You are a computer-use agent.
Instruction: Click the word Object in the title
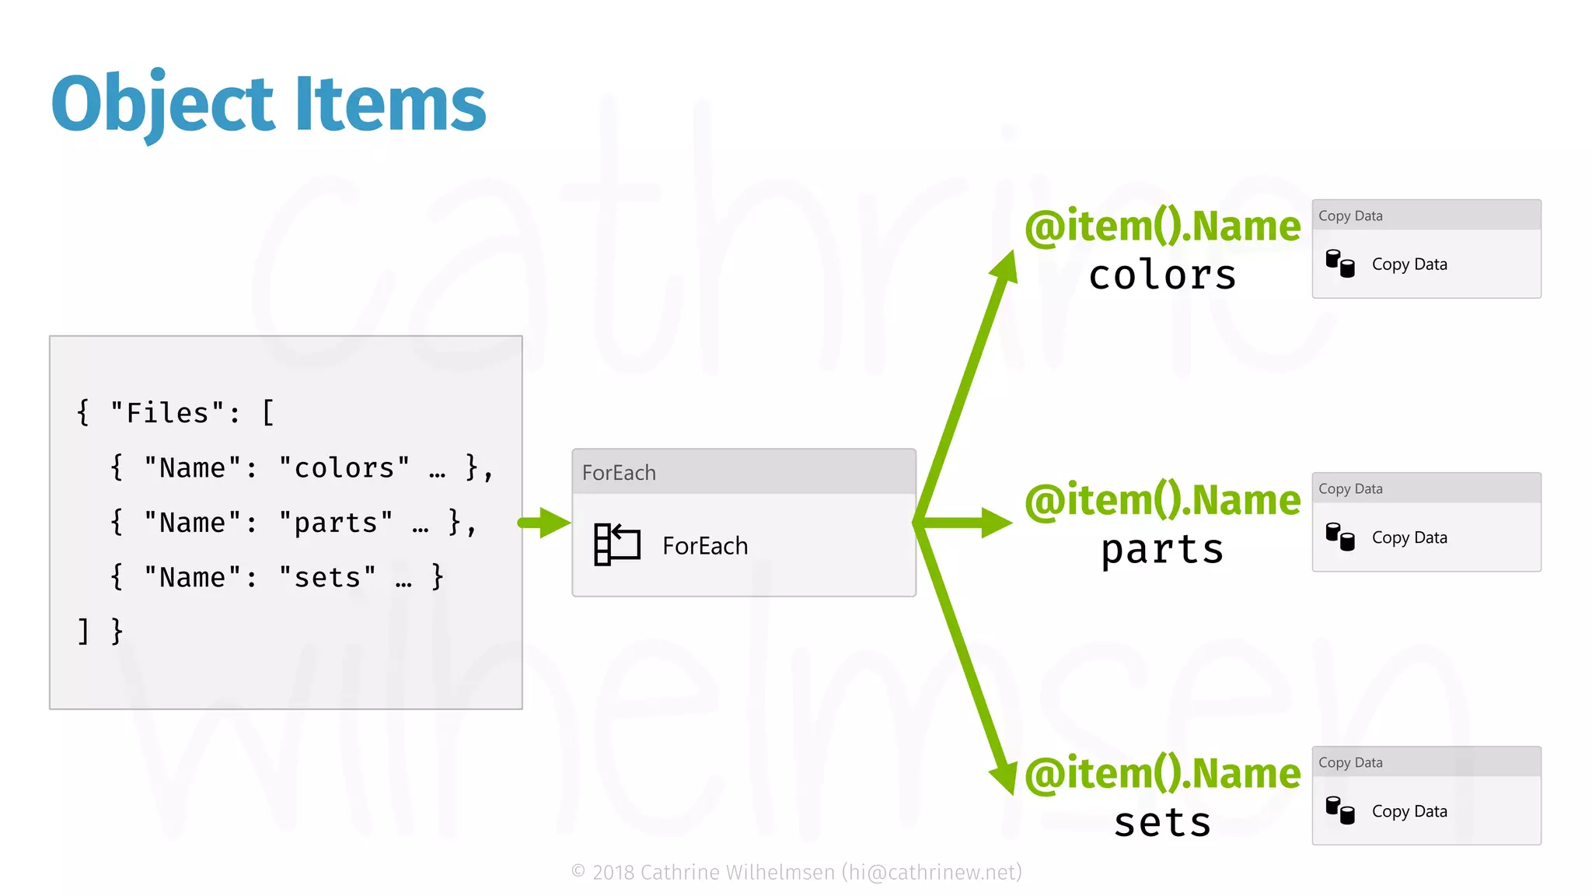[162, 103]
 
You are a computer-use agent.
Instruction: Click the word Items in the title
[390, 103]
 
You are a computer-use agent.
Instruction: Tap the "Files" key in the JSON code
[167, 413]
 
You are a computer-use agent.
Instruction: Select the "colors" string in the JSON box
[344, 468]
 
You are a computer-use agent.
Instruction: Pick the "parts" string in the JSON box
[335, 523]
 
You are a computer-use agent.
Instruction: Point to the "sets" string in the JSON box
[326, 577]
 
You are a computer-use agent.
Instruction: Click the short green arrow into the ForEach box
[545, 523]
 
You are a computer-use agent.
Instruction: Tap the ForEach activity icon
[616, 544]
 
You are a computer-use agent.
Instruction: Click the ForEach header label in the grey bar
[619, 473]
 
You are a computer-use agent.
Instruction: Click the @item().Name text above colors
[1162, 226]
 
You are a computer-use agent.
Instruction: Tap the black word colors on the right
[1162, 275]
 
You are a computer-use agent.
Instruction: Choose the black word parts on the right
[1162, 550]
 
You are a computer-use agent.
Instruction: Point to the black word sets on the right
[1162, 823]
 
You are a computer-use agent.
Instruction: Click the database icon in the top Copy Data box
[1339, 263]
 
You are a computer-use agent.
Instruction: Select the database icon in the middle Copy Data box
[1339, 537]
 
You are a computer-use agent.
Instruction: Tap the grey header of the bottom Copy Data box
[1426, 762]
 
